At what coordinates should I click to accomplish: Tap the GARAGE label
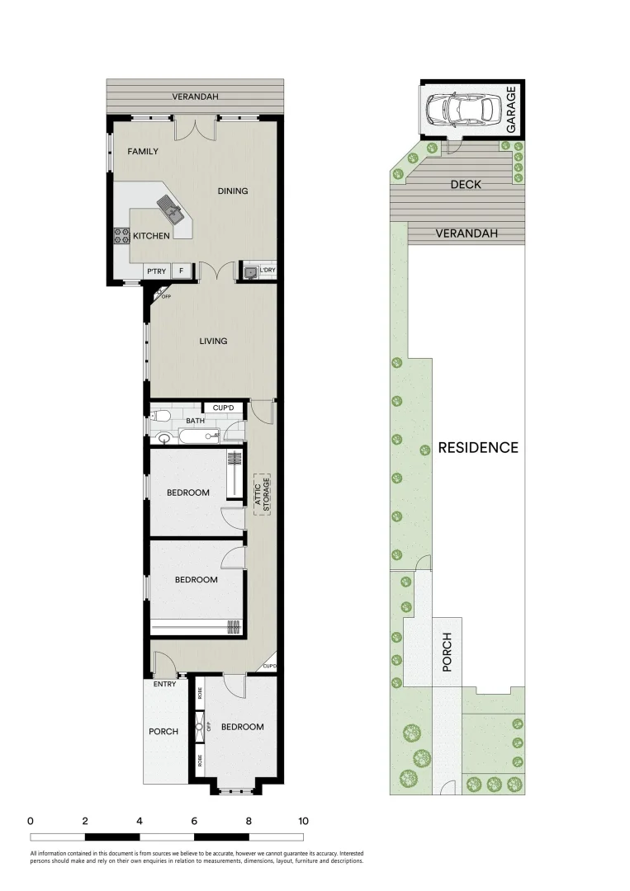coord(511,110)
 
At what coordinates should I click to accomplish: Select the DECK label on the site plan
coord(466,185)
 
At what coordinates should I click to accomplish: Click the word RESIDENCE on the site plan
coord(478,448)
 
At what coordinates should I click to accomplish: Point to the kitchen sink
coord(173,208)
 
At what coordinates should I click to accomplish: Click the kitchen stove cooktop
coord(117,237)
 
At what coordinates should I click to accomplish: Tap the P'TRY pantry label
coord(156,271)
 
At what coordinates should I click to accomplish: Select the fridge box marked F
coord(182,271)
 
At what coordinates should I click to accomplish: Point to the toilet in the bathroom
coord(162,416)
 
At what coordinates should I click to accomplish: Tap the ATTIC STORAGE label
coord(262,494)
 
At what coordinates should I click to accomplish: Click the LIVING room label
coord(213,341)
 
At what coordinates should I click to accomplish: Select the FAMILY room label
coord(143,152)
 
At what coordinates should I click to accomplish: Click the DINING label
coord(233,191)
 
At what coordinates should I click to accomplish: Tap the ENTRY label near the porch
coord(164,684)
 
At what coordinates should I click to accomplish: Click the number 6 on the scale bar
coord(194,821)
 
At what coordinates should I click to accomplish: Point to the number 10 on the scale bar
coord(303,821)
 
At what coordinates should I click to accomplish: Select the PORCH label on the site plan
coord(448,652)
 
